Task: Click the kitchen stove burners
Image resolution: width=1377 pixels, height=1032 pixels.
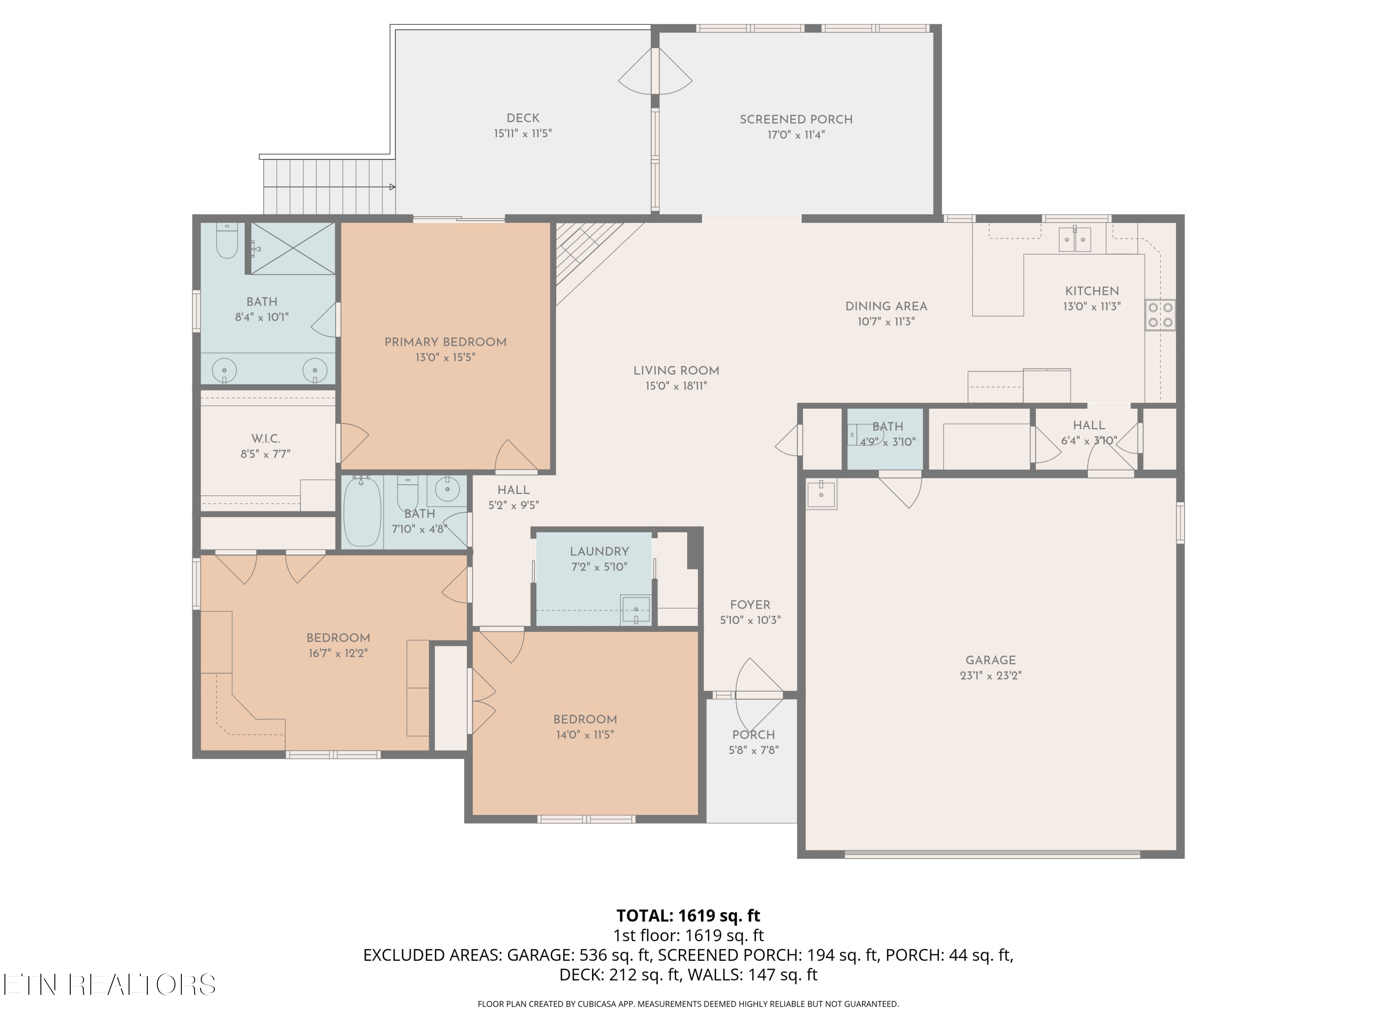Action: coord(1160,315)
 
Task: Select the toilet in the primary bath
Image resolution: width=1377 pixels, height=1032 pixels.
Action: coord(227,241)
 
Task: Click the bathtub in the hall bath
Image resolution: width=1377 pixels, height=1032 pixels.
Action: coord(362,511)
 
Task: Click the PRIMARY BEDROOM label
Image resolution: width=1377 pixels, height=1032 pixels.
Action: coord(445,342)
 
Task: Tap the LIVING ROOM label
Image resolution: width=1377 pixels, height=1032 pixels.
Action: coord(676,371)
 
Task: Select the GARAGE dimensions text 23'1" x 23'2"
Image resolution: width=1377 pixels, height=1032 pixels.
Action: coord(991,676)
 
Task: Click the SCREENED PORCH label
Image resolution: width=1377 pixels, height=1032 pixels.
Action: coord(796,119)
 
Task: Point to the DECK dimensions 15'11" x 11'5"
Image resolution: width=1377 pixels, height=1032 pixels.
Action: coord(523,133)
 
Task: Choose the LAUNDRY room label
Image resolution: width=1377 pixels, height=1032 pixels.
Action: coord(599,552)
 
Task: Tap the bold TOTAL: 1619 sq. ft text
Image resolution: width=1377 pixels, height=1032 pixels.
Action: coord(688,915)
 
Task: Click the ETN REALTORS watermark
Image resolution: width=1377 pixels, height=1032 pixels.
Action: coord(110,985)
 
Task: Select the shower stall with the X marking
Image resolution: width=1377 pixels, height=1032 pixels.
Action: coord(292,248)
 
